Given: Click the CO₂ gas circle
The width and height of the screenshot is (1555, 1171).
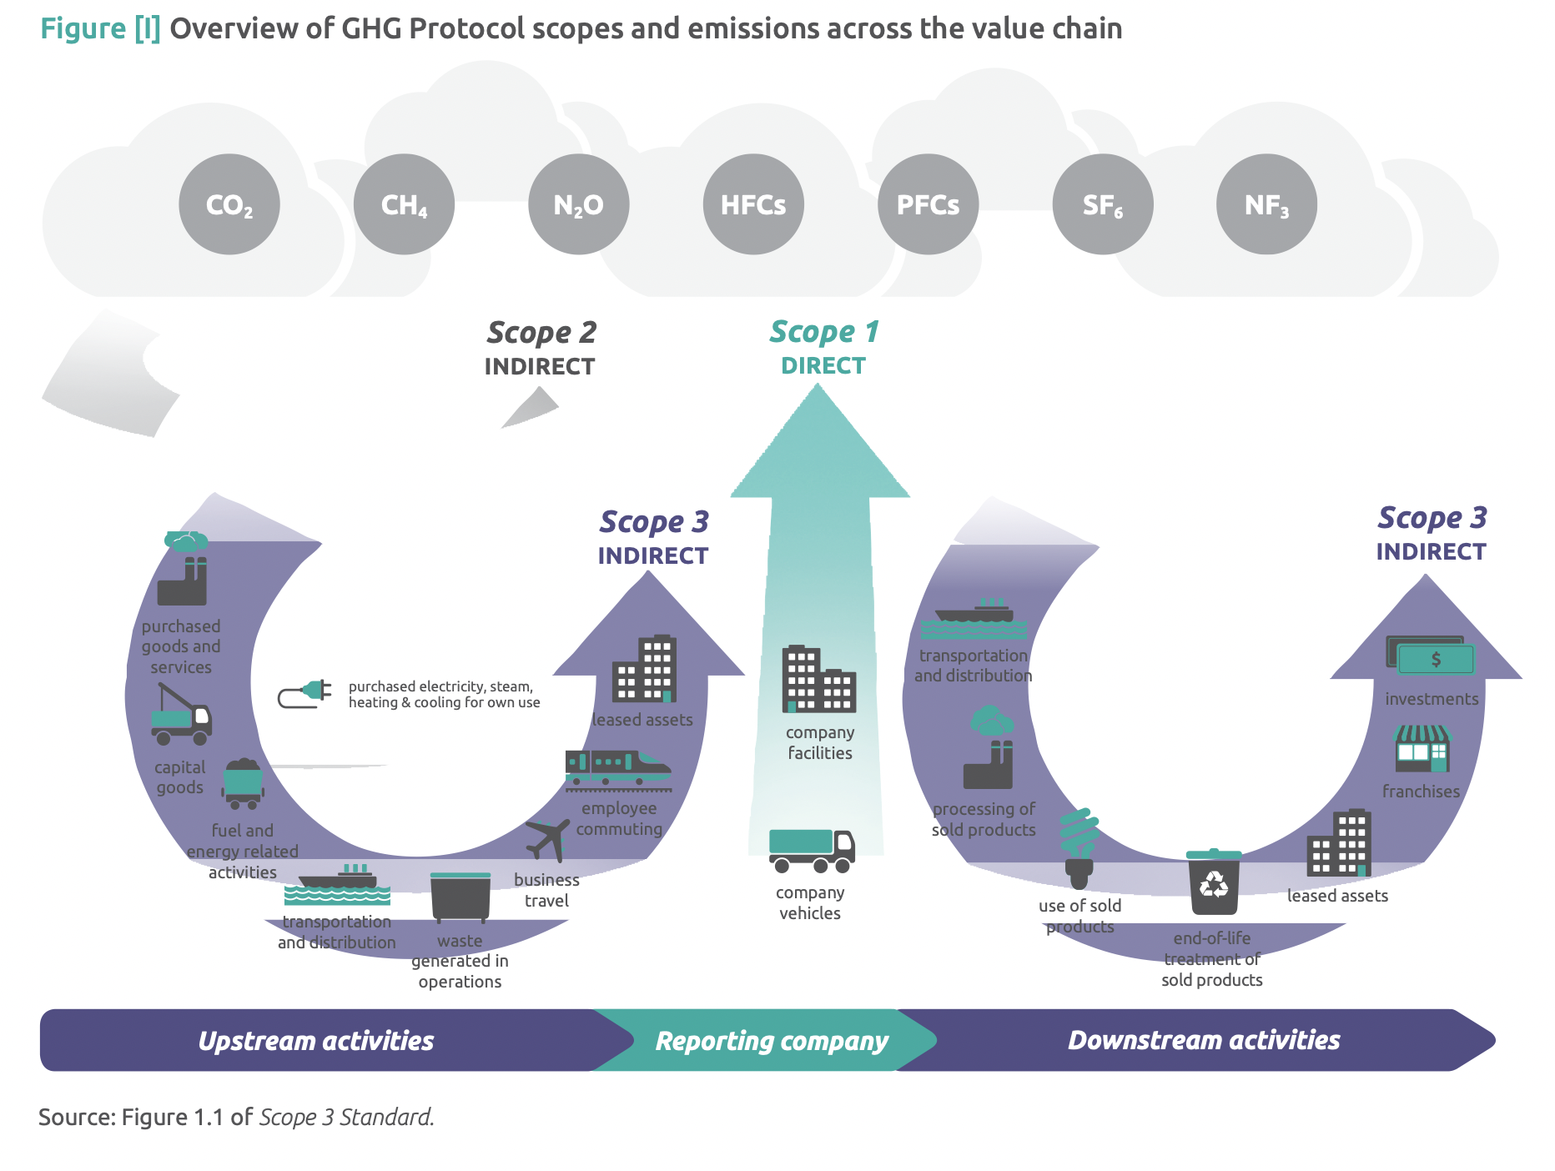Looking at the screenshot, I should pos(229,204).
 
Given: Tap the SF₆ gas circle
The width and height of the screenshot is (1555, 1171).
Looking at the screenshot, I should pos(1102,204).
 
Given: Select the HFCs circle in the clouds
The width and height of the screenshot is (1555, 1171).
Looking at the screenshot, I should pos(753,204).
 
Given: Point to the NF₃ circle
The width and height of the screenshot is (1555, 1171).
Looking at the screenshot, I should pos(1266,204).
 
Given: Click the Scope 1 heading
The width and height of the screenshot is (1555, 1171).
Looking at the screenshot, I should pos(823,332).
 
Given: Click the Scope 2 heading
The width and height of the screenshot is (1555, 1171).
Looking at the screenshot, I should pos(541,333).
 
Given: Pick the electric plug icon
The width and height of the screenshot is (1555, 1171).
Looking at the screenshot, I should pos(305,693).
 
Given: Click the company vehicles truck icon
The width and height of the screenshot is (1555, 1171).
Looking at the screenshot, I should pos(811,850).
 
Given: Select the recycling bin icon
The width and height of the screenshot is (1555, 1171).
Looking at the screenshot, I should pos(1214,882).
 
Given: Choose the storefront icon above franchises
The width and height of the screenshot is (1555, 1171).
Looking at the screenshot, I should pos(1422,748).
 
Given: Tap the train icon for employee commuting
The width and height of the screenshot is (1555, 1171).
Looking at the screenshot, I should pos(617,770).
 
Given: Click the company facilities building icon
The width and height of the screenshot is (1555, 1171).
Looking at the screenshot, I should pos(818,679).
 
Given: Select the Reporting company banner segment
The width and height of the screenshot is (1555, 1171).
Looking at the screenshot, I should pos(771,1041).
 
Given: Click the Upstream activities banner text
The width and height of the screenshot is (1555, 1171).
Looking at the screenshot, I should pos(316,1041).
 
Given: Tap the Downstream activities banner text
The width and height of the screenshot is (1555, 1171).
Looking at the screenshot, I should pos(1203,1040).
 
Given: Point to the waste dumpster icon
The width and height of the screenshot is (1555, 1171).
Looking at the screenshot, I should pos(460,896).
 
